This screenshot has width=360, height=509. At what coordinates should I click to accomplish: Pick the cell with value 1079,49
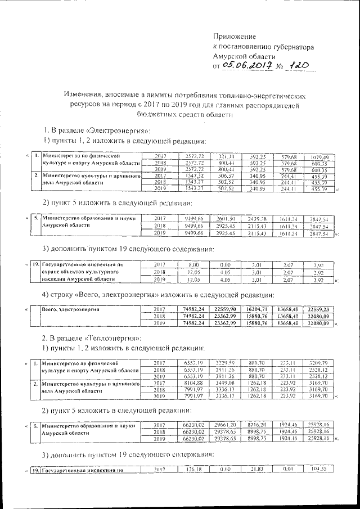[319, 156]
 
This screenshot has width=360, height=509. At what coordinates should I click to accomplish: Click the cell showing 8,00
[194, 264]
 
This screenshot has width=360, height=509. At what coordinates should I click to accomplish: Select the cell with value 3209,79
[319, 363]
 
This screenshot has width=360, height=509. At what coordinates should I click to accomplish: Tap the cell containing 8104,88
[194, 384]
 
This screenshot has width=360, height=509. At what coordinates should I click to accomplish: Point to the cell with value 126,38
[194, 469]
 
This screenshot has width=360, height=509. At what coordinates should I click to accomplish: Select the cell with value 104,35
[319, 469]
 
